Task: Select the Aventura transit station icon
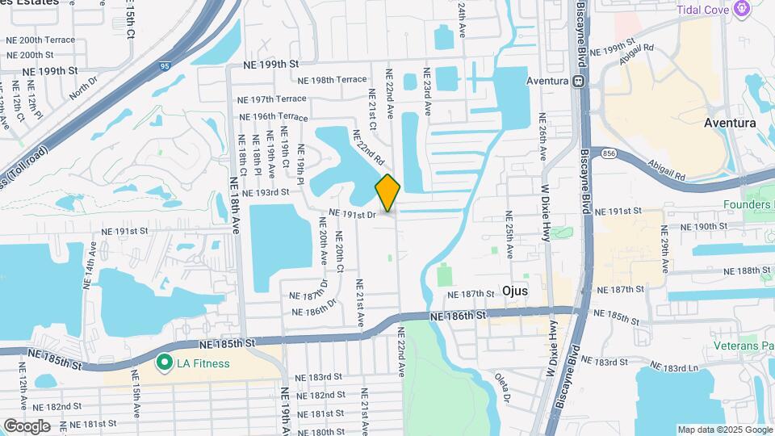pyautogui.click(x=578, y=82)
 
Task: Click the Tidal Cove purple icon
pyautogui.click(x=744, y=10)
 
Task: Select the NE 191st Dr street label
pyautogui.click(x=353, y=215)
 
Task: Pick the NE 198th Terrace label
pyautogui.click(x=331, y=80)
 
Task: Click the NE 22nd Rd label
pyautogui.click(x=368, y=150)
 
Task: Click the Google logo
pyautogui.click(x=27, y=426)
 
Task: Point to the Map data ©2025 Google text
pyautogui.click(x=724, y=430)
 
